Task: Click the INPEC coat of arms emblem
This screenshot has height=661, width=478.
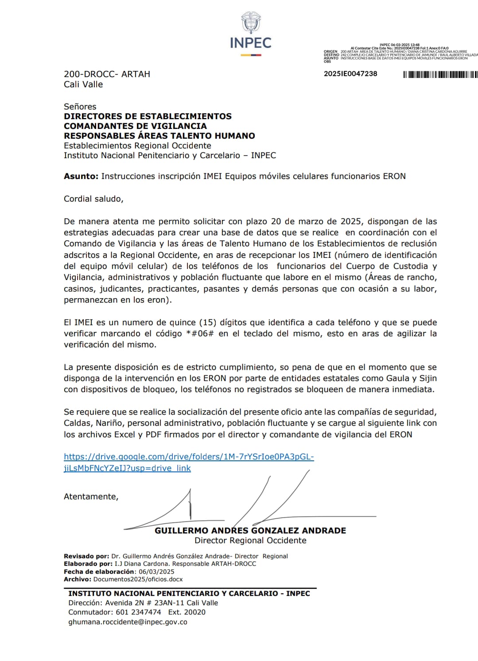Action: tap(251, 23)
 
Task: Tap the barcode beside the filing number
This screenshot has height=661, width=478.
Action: tap(440, 74)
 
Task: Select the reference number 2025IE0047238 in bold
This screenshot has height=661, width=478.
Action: tap(350, 74)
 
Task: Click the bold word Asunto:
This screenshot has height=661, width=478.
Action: tap(81, 176)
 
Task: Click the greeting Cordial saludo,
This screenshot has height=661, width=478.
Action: tap(93, 199)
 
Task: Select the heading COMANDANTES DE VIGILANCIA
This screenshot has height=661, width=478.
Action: tap(135, 126)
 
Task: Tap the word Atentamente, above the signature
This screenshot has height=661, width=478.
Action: tap(91, 497)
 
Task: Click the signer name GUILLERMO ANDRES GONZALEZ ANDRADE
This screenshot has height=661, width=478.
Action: tap(250, 531)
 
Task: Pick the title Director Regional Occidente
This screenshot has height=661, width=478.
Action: tap(250, 540)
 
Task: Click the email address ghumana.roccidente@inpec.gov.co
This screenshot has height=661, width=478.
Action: tap(128, 622)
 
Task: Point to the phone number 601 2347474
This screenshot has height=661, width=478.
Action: tap(138, 612)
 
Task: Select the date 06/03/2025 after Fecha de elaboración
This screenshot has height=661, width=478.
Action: tap(156, 572)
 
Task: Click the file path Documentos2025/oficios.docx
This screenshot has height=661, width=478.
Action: tap(138, 579)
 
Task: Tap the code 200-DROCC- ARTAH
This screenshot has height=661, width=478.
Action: tap(107, 74)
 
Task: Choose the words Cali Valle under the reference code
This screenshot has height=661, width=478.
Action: tap(83, 84)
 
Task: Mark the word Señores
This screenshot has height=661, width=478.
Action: tap(80, 107)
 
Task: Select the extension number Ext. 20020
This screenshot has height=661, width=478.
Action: tap(187, 612)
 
